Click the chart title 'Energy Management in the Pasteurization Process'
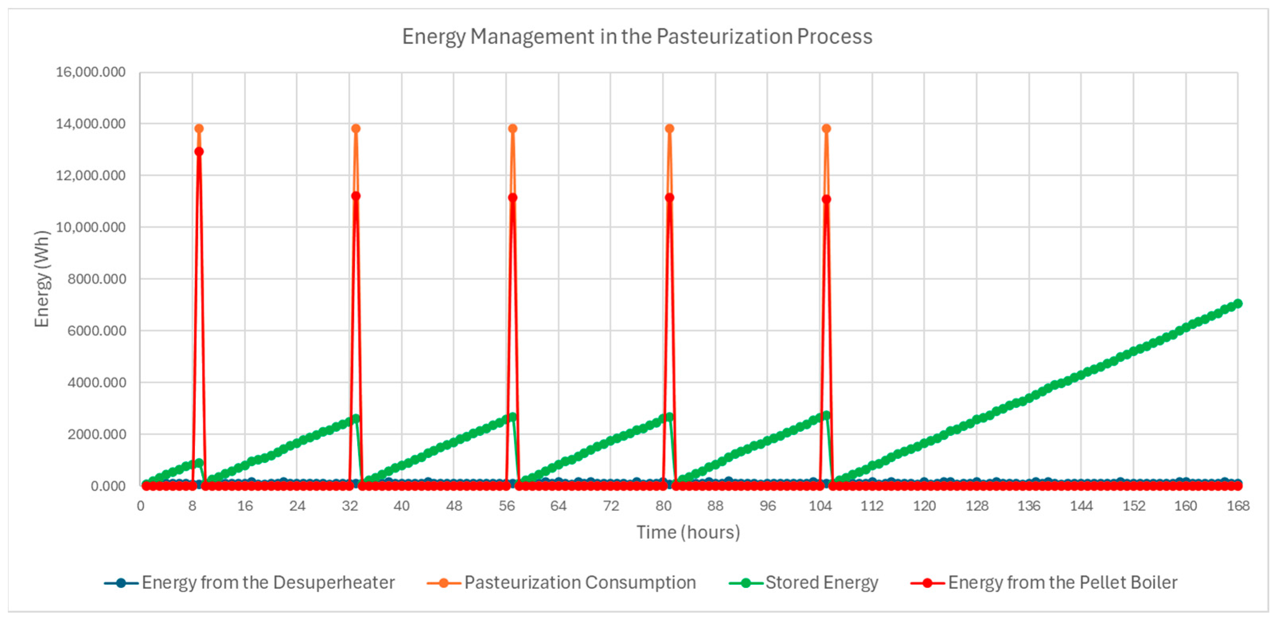click(x=637, y=37)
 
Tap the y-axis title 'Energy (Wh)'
click(x=42, y=279)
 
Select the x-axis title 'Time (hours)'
click(x=688, y=532)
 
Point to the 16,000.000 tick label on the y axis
click(x=91, y=72)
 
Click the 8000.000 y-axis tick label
click(x=97, y=279)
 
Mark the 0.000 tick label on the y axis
click(x=108, y=486)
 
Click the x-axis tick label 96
click(x=767, y=506)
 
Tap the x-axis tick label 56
click(x=506, y=506)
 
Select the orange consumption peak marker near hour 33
click(x=356, y=128)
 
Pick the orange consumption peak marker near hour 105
click(x=826, y=128)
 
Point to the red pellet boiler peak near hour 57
click(x=513, y=198)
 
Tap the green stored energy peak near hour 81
click(x=669, y=417)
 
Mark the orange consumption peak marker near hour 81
click(x=669, y=128)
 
